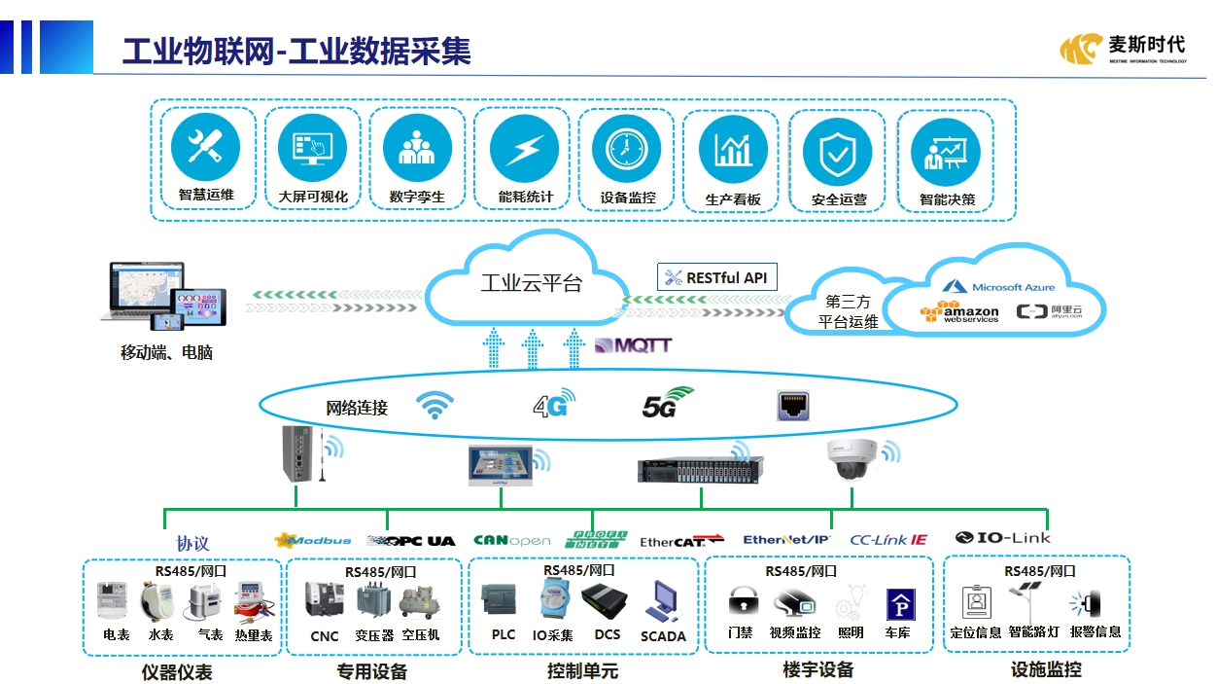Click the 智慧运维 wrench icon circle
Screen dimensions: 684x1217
point(205,148)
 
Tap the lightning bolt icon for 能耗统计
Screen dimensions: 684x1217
point(524,148)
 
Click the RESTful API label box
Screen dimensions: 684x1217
point(717,277)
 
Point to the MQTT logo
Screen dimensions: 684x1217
point(633,345)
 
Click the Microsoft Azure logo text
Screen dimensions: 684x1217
point(999,287)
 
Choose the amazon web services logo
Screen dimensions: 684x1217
point(959,312)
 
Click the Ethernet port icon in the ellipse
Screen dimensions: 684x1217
point(794,406)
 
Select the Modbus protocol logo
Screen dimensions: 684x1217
point(313,540)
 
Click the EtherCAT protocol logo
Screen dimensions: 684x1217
point(681,541)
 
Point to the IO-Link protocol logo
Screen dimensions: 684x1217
point(1002,537)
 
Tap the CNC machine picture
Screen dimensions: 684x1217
point(324,600)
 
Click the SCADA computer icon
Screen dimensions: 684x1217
point(664,602)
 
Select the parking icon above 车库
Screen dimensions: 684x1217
point(897,604)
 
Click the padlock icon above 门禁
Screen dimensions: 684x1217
point(741,600)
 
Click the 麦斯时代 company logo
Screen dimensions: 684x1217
point(1123,47)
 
